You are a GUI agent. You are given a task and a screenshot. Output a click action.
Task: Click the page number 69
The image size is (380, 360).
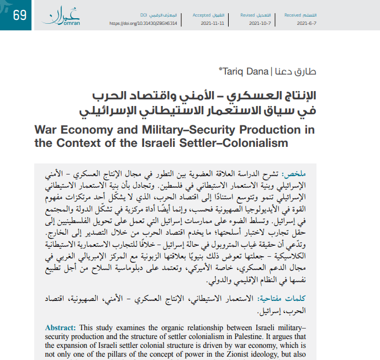click(x=19, y=15)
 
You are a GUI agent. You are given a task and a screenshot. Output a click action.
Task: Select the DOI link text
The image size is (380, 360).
click(x=142, y=24)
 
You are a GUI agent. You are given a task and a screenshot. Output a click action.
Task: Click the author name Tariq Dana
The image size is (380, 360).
click(x=237, y=71)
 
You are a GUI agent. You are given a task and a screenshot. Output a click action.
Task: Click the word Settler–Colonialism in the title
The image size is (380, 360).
click(x=240, y=144)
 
